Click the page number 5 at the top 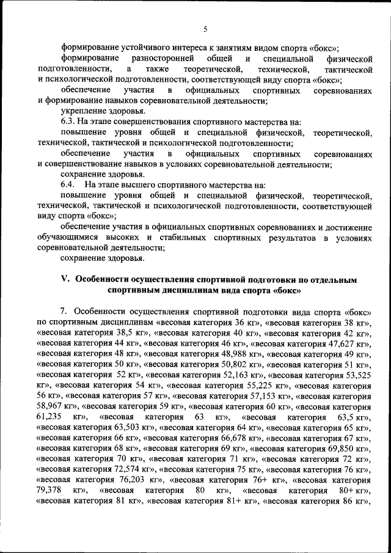(205, 29)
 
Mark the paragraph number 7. (64, 310)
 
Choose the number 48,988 (239, 354)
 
